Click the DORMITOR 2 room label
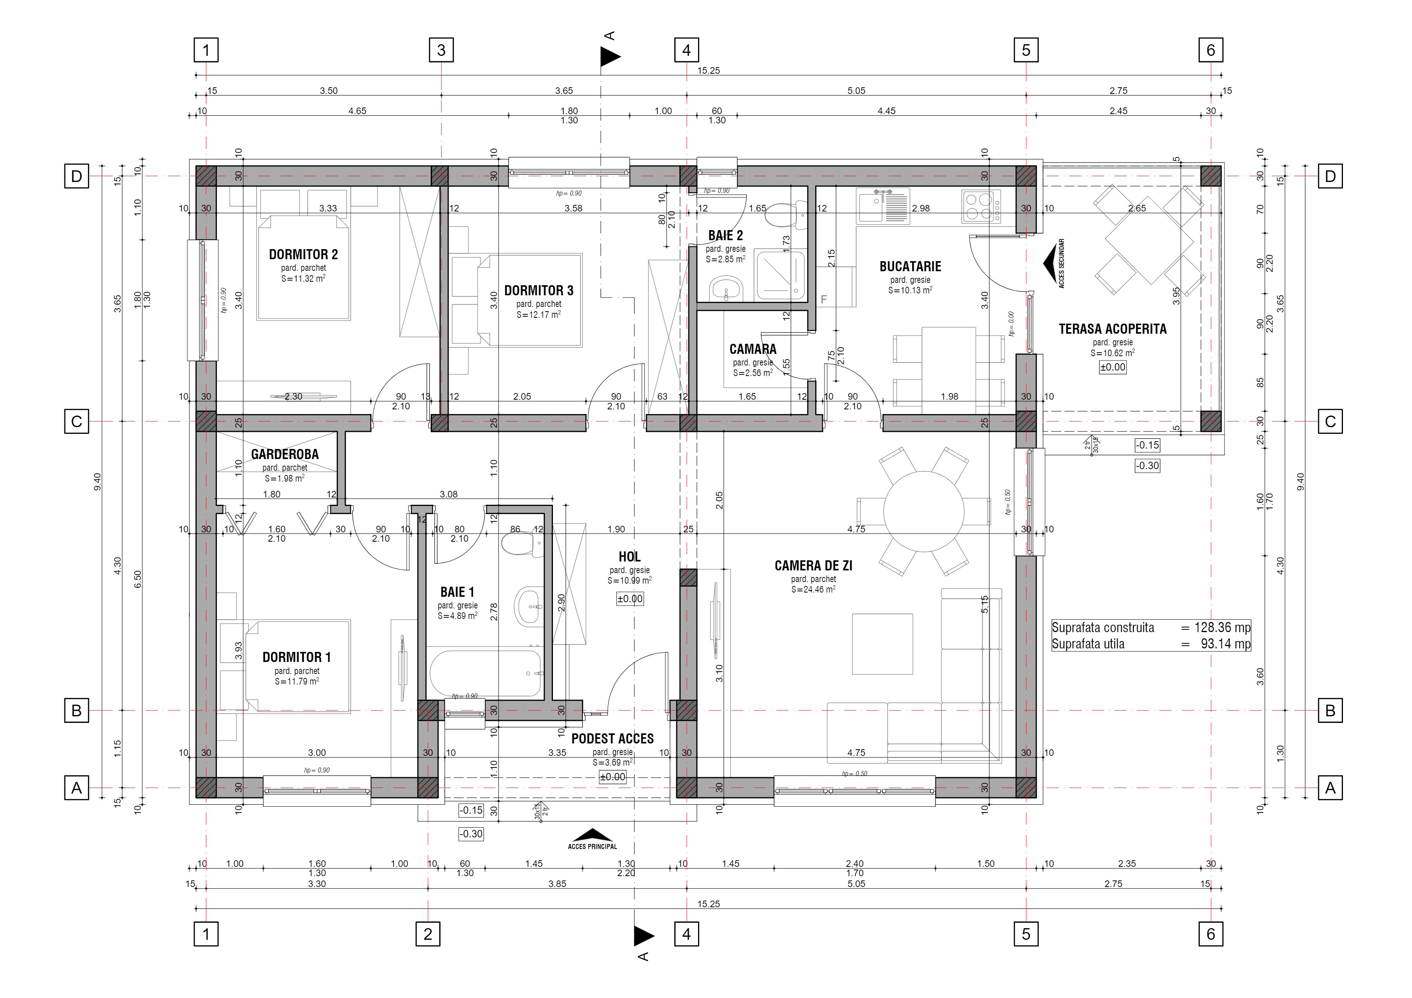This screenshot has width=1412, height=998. pyautogui.click(x=303, y=254)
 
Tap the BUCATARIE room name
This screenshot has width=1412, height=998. pyautogui.click(x=910, y=266)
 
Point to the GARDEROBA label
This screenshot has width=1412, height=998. pyautogui.click(x=285, y=454)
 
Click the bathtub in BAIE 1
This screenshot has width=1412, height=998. pyautogui.click(x=485, y=673)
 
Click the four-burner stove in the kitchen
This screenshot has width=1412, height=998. pyautogui.click(x=981, y=206)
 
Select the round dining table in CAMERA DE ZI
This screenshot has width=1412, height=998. pyautogui.click(x=924, y=511)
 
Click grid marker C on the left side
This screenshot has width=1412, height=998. pyautogui.click(x=76, y=421)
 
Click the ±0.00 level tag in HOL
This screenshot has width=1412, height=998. pyautogui.click(x=630, y=598)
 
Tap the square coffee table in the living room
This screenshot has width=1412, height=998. pyautogui.click(x=882, y=644)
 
